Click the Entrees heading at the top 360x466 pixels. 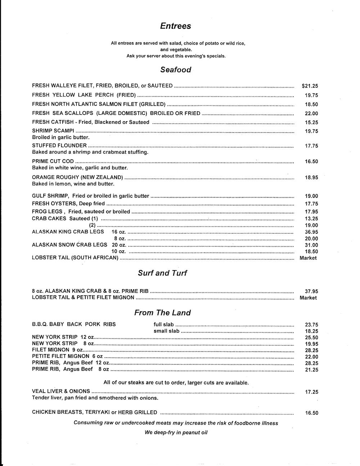tap(176, 26)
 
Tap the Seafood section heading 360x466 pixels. tap(176, 70)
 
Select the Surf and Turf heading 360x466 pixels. tap(162, 273)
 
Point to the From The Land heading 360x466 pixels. tap(162, 313)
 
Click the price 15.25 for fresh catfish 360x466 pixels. tap(311, 122)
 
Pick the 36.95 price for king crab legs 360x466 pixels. tap(311, 232)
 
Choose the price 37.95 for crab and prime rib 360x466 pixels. tap(311, 291)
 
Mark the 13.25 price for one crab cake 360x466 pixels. tap(311, 219)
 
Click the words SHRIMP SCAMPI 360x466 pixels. tap(53, 130)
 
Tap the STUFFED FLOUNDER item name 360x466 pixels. tap(59, 145)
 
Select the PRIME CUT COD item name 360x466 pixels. tap(53, 161)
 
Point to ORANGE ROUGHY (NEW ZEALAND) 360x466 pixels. tap(77, 177)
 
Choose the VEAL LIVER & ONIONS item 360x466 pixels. tap(61, 391)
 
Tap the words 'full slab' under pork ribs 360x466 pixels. tap(164, 324)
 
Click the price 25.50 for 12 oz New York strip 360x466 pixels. tap(311, 337)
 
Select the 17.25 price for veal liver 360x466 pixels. tap(311, 392)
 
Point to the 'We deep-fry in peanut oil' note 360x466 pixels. tap(176, 432)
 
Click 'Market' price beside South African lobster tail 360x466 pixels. tap(308, 258)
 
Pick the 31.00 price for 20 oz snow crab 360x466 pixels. tap(311, 245)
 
